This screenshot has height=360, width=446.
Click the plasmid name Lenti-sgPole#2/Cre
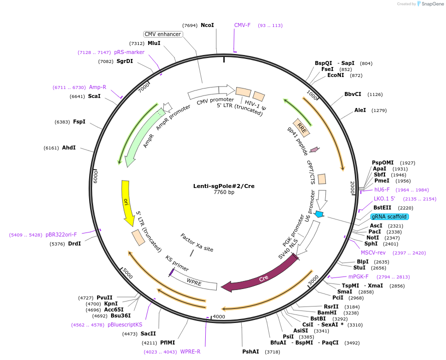pyautogui.click(x=224, y=186)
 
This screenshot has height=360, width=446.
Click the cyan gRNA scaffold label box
pyautogui.click(x=389, y=216)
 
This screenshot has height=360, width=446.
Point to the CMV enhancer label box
pyautogui.click(x=163, y=34)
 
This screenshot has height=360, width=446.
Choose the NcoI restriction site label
pyautogui.click(x=207, y=25)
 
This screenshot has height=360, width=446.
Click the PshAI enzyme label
pyautogui.click(x=251, y=352)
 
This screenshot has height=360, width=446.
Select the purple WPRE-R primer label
pyautogui.click(x=190, y=351)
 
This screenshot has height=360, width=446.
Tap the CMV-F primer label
pyautogui.click(x=242, y=25)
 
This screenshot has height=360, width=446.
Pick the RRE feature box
pyautogui.click(x=301, y=127)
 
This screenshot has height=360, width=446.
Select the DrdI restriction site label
pyautogui.click(x=75, y=243)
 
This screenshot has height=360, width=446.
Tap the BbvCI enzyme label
pyautogui.click(x=353, y=94)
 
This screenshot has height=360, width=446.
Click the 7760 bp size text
pyautogui.click(x=224, y=192)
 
